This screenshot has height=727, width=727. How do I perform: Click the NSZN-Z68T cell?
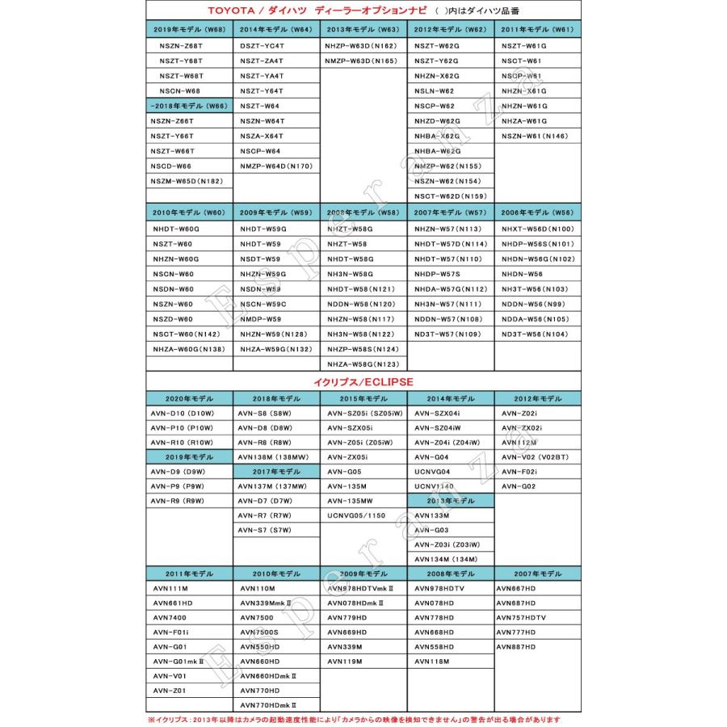[x=181, y=46]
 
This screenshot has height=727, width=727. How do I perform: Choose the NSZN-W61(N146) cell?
[x=534, y=137]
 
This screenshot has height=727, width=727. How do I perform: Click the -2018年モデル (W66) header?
[x=189, y=106]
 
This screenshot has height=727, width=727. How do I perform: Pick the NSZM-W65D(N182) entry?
[x=187, y=181]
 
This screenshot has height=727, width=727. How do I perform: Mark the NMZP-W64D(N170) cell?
[x=275, y=166]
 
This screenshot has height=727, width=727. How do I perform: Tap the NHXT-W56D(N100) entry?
[x=537, y=229]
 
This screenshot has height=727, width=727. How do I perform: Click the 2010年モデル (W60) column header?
[x=189, y=213]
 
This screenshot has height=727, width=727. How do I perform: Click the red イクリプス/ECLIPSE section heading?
[x=363, y=380]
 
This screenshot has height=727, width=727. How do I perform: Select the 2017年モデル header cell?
[x=276, y=471]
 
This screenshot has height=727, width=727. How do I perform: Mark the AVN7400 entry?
[x=170, y=617]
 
